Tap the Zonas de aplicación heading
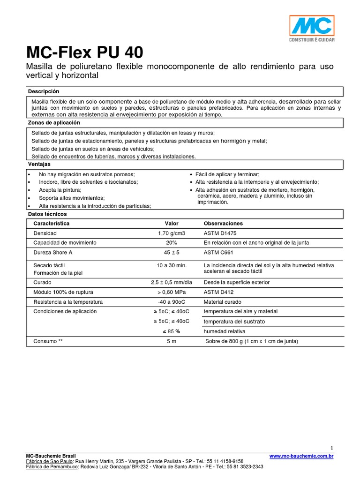coord(54,123)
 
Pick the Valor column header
coord(172,224)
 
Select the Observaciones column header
coord(223,224)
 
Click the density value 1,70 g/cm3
coord(172,233)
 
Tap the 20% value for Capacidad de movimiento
coord(172,243)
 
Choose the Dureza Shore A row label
coord(52,253)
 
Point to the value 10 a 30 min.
coord(172,265)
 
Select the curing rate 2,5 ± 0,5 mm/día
coord(172,283)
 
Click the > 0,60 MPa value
coord(172,292)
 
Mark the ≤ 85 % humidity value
coord(172,331)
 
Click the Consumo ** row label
coord(48,341)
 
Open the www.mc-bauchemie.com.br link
coord(301,456)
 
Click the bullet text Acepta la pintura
coord(60,190)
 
